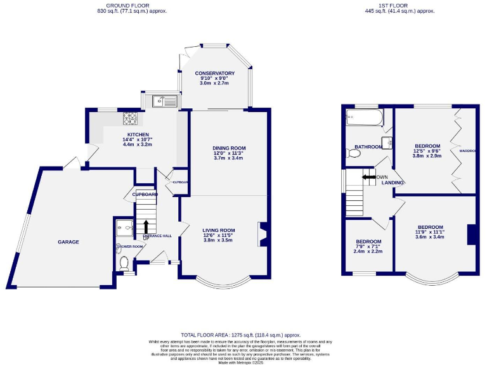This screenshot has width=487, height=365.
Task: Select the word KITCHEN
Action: point(138,134)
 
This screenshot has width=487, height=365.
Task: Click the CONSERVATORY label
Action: point(215,73)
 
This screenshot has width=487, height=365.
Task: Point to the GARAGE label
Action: point(68,241)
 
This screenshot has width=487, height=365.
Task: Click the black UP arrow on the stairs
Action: point(146,226)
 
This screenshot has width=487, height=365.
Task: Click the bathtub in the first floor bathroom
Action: point(365,117)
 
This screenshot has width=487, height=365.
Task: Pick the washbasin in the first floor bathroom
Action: point(386,142)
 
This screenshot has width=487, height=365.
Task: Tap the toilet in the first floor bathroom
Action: point(353,153)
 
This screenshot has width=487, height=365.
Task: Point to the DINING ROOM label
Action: point(228,148)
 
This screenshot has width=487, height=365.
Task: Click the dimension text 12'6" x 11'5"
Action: point(219,235)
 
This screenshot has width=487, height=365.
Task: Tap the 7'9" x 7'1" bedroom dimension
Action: point(368,247)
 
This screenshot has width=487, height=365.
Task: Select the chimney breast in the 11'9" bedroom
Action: point(471,234)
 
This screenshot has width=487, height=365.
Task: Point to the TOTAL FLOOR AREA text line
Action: point(241,335)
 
